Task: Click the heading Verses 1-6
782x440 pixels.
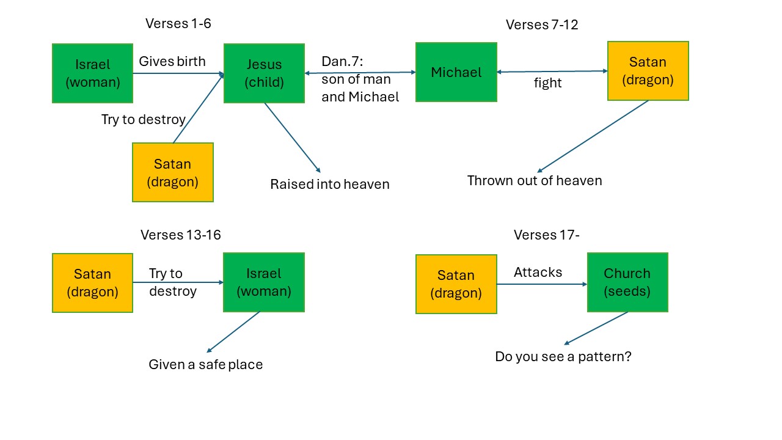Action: [x=178, y=23]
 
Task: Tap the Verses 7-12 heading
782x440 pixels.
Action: [x=542, y=24]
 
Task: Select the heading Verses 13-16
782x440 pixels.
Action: [x=180, y=235]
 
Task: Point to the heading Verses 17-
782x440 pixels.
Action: [x=546, y=235]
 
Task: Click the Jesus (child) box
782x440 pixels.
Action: [x=264, y=73]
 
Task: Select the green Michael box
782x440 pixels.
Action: [x=456, y=72]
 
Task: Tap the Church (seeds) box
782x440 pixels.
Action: [x=627, y=282]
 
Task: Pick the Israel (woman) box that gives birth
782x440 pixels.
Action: [x=92, y=73]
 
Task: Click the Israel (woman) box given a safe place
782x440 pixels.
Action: [x=263, y=282]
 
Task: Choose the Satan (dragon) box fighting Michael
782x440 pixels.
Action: [x=648, y=71]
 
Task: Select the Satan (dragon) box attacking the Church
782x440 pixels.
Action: [x=456, y=284]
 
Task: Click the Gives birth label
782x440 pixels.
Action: [x=172, y=61]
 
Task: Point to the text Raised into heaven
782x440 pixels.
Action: [x=329, y=184]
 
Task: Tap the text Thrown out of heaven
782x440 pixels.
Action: [x=535, y=180]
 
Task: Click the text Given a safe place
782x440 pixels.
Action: [x=206, y=364]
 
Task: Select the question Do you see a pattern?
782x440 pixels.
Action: [x=563, y=356]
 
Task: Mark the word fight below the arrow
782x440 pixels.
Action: [x=547, y=82]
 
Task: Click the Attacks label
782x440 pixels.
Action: [x=538, y=272]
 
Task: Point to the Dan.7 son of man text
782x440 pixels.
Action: [x=360, y=79]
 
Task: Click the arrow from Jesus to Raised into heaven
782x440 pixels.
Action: [x=293, y=137]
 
